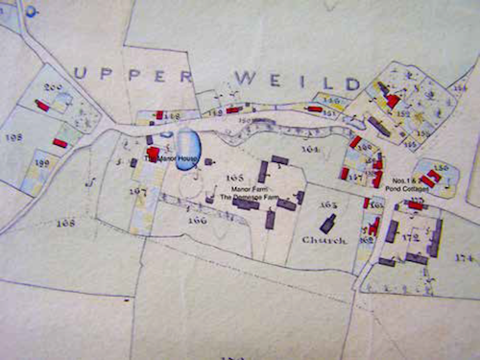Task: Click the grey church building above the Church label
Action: [327, 224]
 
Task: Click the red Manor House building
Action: [153, 153]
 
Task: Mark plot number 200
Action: [53, 88]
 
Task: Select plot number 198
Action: [14, 137]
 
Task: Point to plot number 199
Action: [41, 164]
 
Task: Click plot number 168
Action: [65, 223]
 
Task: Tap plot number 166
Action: [198, 220]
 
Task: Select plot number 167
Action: [138, 191]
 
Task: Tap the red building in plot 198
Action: [60, 143]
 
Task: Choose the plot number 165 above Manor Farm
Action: [234, 179]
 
